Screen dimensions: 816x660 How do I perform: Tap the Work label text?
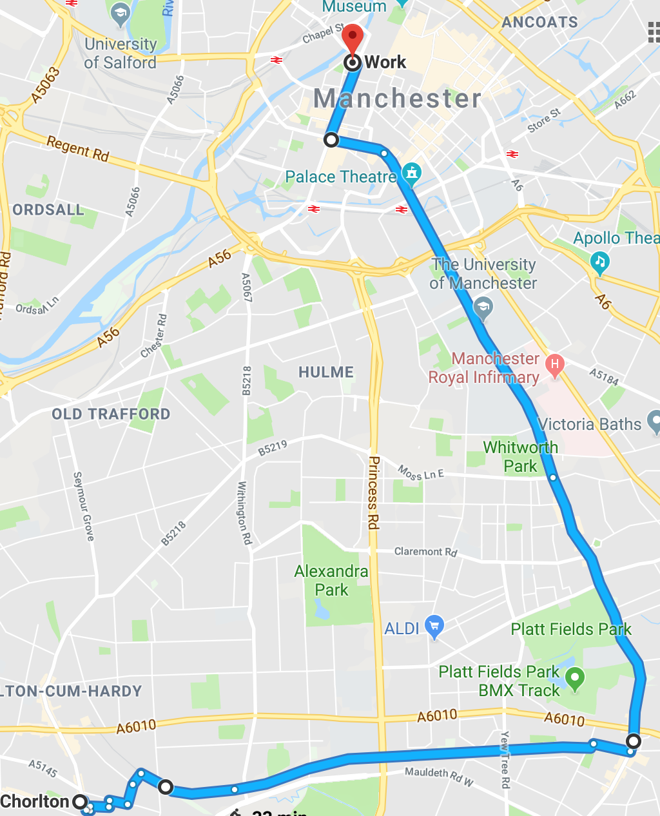pos(385,63)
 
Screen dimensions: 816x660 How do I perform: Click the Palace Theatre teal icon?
pos(411,173)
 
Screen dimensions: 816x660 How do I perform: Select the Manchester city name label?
pos(397,99)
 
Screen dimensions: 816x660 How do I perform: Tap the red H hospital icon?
pos(554,364)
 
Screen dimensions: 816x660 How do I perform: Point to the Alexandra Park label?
pos(331,581)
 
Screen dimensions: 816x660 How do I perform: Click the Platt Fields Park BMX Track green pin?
pos(575,678)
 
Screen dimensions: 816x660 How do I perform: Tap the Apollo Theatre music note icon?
pos(600,262)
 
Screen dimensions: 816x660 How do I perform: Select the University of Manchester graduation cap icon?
pos(483,307)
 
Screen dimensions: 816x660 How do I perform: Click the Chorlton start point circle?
pos(80,802)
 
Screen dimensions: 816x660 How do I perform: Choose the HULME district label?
pos(326,372)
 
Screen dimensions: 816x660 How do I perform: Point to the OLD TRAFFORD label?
pos(111,414)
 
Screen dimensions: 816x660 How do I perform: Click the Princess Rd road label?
pos(373,492)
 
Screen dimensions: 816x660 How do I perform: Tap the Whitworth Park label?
pos(520,456)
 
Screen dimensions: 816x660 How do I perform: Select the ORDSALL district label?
pos(48,209)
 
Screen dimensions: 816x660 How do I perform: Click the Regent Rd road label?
pos(78,149)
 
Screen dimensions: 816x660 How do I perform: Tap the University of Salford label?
pos(121,53)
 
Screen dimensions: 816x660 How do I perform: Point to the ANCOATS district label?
pos(539,22)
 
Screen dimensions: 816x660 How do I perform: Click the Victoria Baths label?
pos(590,424)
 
